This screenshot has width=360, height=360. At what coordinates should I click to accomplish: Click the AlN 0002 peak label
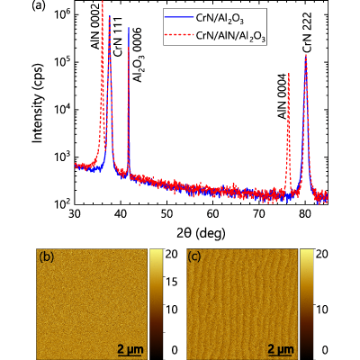tap(95, 27)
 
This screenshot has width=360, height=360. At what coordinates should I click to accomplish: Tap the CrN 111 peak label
tap(118, 37)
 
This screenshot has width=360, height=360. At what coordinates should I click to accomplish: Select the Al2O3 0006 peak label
tap(138, 54)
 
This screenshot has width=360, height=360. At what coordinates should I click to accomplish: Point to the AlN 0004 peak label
tap(282, 96)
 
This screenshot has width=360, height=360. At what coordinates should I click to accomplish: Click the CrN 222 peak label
tap(307, 33)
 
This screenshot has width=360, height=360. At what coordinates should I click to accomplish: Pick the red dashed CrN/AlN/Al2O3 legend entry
tap(215, 36)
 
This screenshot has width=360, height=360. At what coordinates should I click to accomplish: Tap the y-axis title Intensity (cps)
tap(38, 103)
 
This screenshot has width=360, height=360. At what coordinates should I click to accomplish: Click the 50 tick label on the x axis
tap(166, 215)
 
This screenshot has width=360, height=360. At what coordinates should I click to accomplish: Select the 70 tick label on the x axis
tap(259, 215)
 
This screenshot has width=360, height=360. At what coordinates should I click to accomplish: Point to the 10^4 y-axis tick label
tap(61, 109)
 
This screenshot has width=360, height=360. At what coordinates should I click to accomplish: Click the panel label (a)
tap(38, 5)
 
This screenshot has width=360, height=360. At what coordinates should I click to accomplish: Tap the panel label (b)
tap(47, 256)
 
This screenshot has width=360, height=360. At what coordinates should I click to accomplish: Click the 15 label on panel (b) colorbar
tap(172, 282)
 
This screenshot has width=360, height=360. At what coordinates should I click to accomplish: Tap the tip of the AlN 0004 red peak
tap(289, 73)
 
